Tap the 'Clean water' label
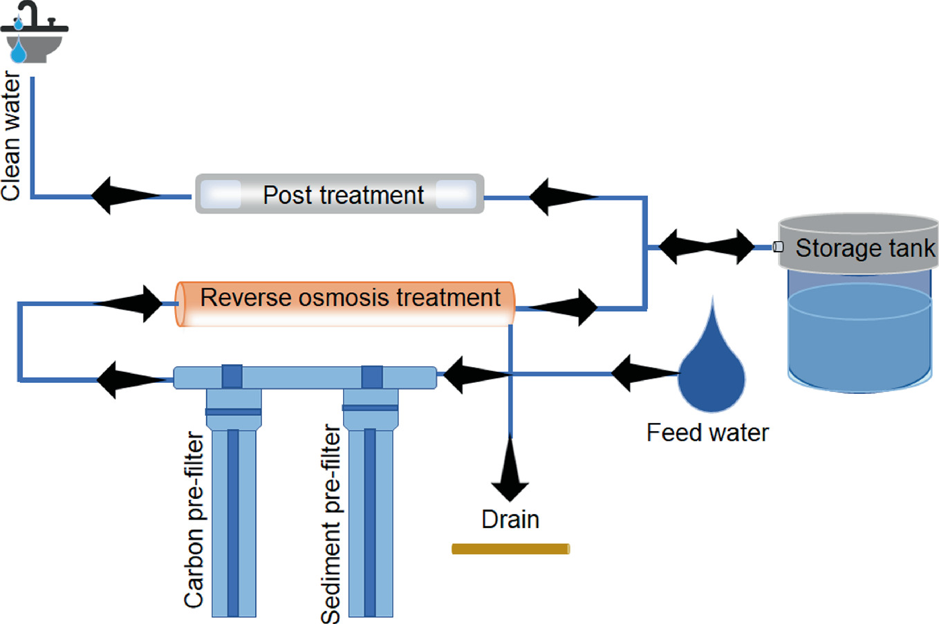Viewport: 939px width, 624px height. tap(12, 136)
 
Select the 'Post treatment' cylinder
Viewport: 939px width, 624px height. tap(340, 194)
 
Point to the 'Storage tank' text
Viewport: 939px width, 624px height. tap(864, 248)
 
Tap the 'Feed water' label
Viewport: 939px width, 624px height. tap(707, 433)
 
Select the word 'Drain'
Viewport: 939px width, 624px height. tap(510, 520)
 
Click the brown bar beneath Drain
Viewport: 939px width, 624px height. tap(510, 549)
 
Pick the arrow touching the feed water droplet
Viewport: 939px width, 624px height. tap(643, 373)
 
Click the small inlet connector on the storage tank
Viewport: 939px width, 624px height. tap(778, 247)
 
